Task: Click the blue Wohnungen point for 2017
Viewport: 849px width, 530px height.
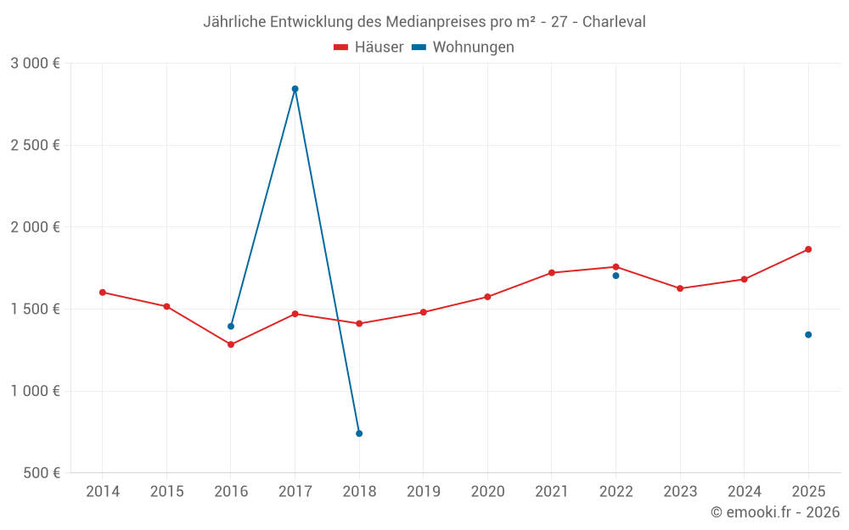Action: [295, 89]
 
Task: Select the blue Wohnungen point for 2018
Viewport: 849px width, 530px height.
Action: [359, 433]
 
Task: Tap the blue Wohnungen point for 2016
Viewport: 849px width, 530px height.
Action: [231, 326]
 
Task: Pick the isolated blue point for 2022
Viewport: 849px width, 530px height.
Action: [616, 276]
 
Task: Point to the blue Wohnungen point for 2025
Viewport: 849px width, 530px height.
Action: [808, 335]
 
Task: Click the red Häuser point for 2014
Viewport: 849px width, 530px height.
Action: [103, 293]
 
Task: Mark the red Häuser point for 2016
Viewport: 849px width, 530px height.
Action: [231, 344]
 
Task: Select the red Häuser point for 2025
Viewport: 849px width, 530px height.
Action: [808, 249]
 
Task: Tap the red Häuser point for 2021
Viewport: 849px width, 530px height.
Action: [552, 272]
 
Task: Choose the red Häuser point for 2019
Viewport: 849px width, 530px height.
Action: [424, 312]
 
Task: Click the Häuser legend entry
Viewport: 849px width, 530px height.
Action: [368, 47]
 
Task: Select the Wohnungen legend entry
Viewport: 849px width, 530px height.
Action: [464, 47]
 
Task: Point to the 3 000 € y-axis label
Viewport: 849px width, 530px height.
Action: [36, 63]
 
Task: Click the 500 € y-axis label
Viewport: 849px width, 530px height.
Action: [42, 472]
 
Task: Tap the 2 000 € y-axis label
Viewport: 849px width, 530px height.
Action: [36, 226]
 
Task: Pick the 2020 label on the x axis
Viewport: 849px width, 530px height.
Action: [487, 491]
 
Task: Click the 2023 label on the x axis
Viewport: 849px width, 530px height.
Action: [680, 491]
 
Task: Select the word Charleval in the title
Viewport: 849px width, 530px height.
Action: [614, 22]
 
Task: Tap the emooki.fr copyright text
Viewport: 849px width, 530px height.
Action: [775, 512]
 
